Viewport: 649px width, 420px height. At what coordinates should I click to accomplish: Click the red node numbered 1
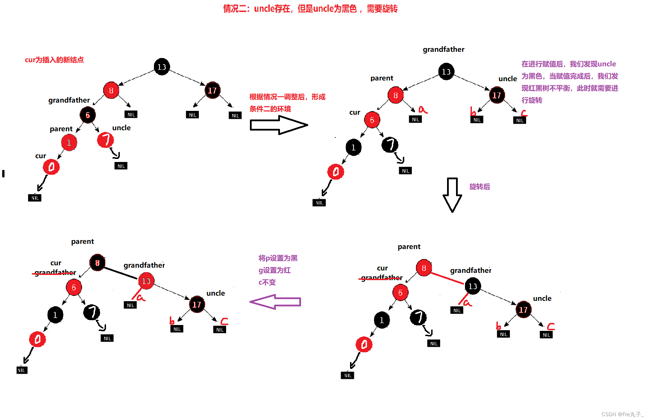(x=69, y=142)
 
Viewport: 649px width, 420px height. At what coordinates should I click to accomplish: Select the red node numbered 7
(x=105, y=140)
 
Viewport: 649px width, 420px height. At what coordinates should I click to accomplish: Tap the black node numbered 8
(x=97, y=263)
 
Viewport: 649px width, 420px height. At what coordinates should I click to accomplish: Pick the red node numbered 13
(x=146, y=281)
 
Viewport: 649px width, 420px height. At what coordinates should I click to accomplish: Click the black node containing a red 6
(x=88, y=115)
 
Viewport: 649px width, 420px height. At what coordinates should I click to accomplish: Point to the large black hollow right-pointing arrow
(x=278, y=125)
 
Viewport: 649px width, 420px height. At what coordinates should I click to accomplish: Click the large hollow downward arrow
(x=452, y=195)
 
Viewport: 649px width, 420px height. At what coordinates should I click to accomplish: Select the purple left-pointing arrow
(x=275, y=302)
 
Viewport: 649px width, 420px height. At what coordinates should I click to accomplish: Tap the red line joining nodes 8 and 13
(x=447, y=278)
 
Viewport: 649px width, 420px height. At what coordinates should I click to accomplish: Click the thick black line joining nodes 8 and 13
(x=121, y=273)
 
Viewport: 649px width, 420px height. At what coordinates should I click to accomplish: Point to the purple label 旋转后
(x=480, y=187)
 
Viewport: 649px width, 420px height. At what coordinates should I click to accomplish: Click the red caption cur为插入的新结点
(x=54, y=60)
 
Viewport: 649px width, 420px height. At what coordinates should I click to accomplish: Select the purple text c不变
(x=267, y=282)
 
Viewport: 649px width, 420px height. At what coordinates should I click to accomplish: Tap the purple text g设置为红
(x=274, y=270)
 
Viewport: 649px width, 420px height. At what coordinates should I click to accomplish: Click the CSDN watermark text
(x=622, y=414)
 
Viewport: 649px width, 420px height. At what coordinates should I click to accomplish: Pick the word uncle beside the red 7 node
(x=122, y=128)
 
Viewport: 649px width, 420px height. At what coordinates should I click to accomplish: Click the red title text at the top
(x=310, y=9)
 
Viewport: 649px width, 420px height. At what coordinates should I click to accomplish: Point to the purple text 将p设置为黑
(x=278, y=258)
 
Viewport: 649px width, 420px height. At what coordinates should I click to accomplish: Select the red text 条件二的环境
(x=270, y=109)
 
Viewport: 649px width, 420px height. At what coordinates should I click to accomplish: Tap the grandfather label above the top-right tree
(x=444, y=49)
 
